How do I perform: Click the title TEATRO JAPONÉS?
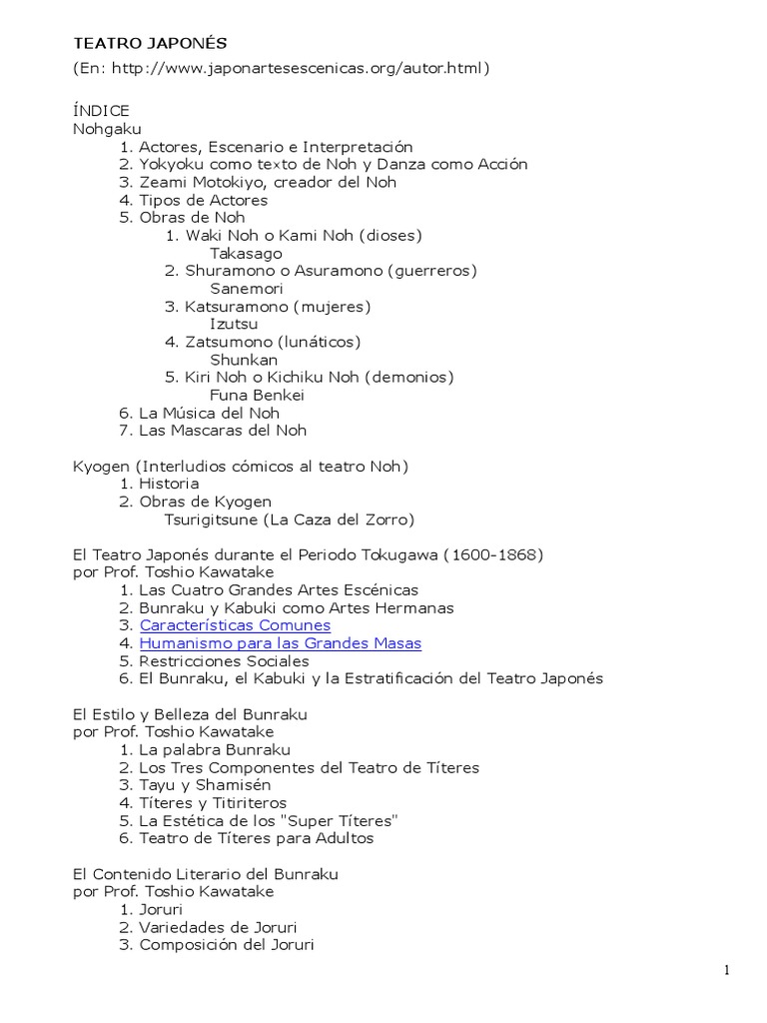[150, 43]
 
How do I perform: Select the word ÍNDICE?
[101, 111]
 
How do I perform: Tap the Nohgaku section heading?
[107, 129]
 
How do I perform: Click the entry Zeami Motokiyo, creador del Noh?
[268, 182]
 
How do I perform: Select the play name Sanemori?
[247, 289]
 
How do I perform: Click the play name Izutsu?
[234, 324]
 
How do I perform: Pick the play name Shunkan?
[244, 360]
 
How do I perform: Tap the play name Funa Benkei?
[257, 395]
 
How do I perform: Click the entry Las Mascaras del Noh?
[223, 431]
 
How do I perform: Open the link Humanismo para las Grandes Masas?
[280, 643]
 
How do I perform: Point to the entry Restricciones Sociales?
[224, 661]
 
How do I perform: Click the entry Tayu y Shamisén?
[205, 785]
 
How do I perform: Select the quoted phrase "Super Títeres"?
[347, 821]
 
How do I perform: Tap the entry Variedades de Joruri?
[218, 927]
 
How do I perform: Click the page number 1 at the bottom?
[728, 971]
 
